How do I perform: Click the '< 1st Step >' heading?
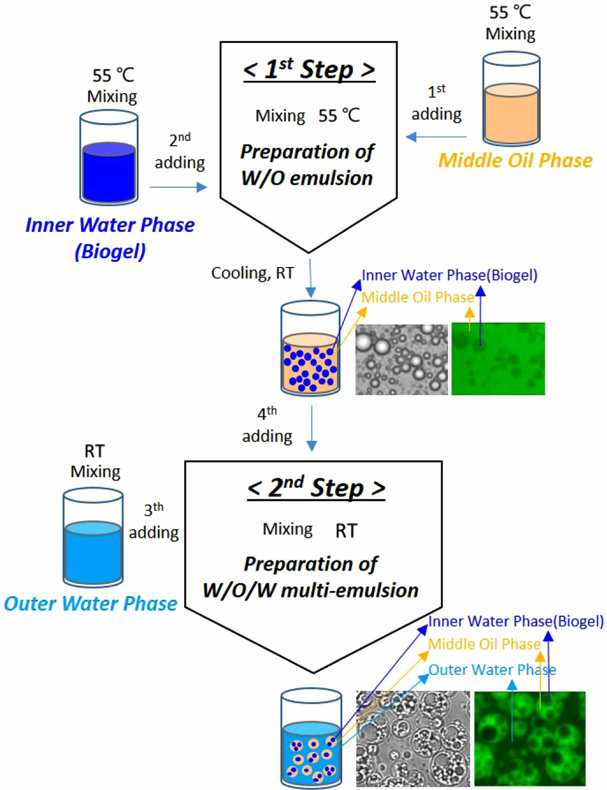(x=309, y=70)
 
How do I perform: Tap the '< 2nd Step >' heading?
(x=316, y=488)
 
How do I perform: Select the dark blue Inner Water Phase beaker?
(x=109, y=159)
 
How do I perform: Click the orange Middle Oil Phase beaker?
(x=511, y=100)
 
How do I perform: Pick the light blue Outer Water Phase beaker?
(x=93, y=538)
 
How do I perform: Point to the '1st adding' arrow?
(x=436, y=136)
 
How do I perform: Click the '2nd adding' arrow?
(x=178, y=187)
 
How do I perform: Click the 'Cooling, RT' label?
(x=253, y=273)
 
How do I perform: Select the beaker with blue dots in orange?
(x=311, y=349)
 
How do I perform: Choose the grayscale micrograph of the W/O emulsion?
(x=401, y=359)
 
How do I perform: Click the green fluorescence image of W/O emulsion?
(x=498, y=359)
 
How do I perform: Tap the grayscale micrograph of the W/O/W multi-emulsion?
(x=413, y=738)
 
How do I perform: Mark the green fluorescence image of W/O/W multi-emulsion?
(x=529, y=738)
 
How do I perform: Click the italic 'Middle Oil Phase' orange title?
(x=515, y=160)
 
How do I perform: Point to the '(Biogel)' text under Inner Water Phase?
(x=110, y=252)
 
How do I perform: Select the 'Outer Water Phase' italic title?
(x=91, y=604)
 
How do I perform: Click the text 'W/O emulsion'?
(x=307, y=178)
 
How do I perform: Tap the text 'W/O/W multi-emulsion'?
(x=311, y=591)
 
